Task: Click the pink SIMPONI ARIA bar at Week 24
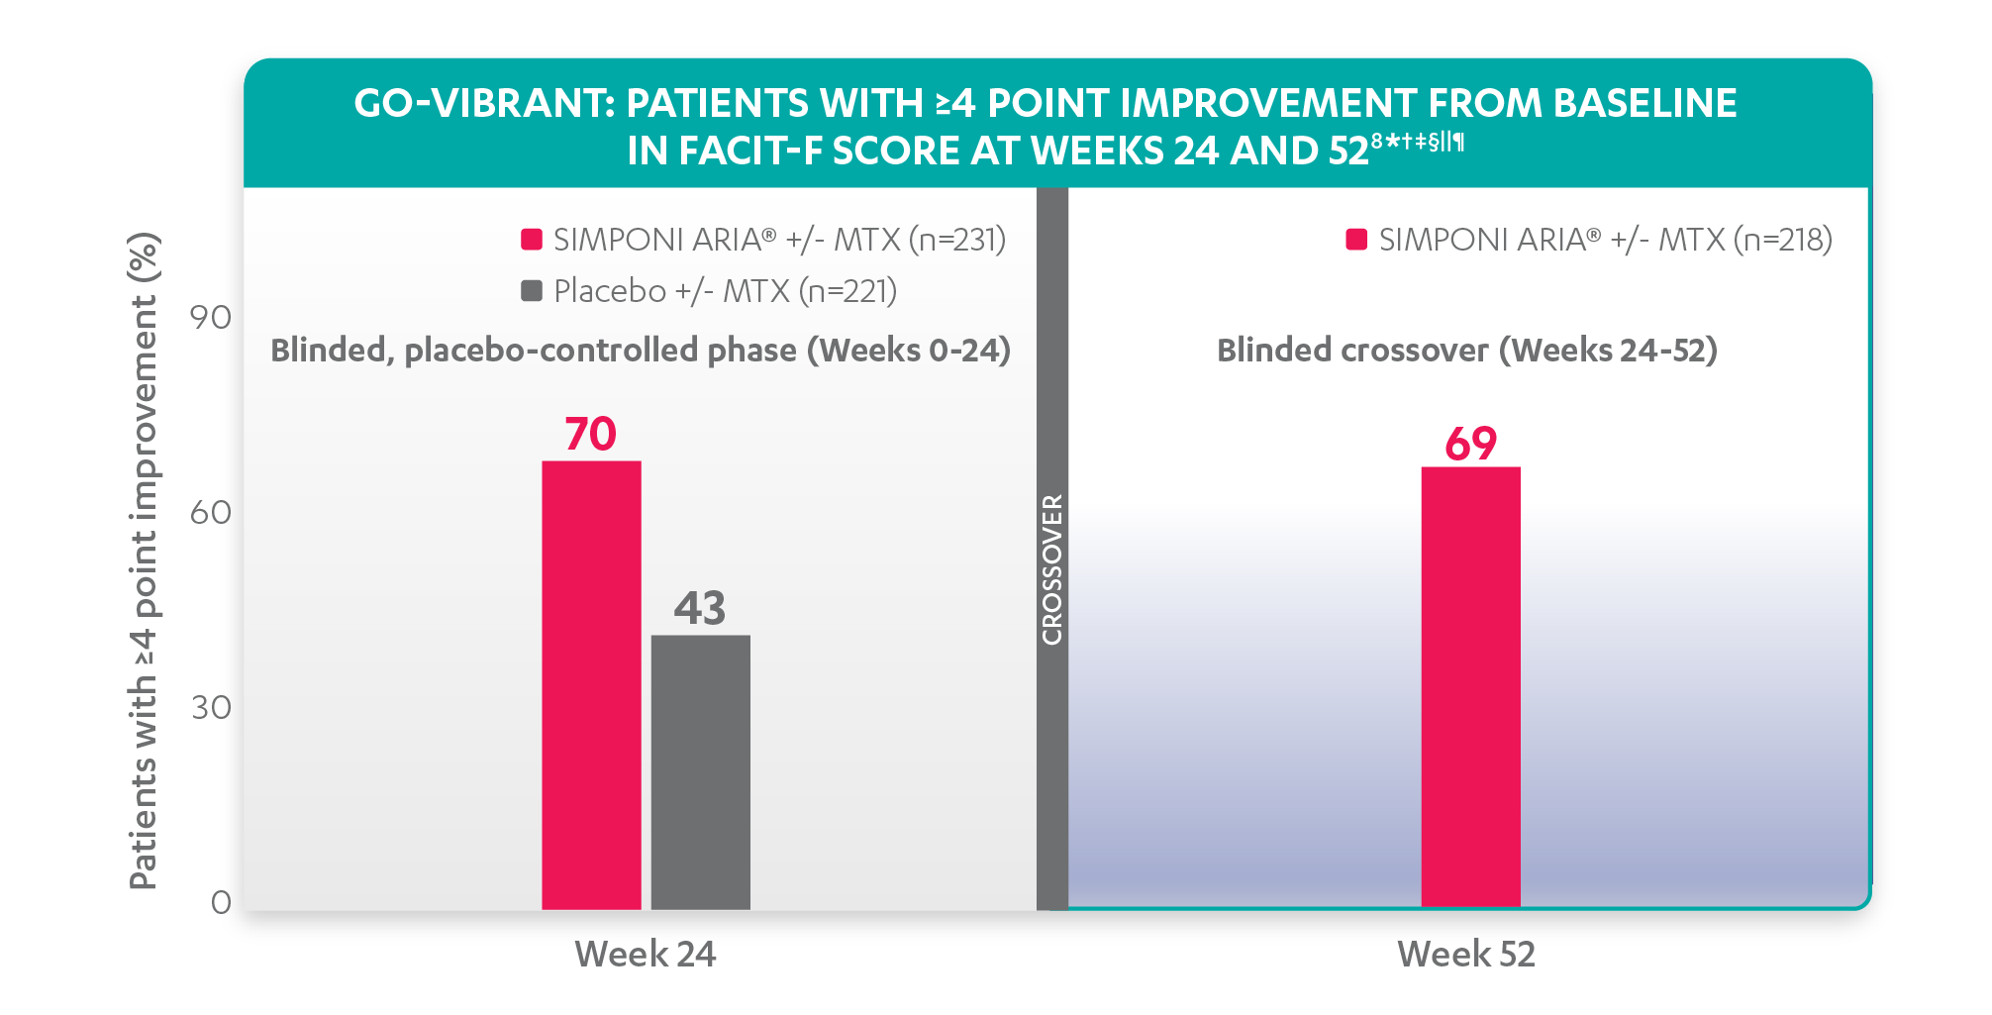591,685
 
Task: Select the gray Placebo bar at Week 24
700,772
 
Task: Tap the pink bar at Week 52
1470,687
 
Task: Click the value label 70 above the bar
590,434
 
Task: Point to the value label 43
699,608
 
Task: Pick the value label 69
1470,444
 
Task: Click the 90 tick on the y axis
211,318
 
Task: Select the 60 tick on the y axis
211,513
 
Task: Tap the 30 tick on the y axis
211,708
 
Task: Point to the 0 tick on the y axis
221,902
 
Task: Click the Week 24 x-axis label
646,955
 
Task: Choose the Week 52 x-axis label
1466,955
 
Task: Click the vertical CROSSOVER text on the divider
1052,570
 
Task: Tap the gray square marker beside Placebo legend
532,291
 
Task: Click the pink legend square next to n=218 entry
1356,240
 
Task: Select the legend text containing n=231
779,240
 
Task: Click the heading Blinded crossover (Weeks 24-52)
1466,351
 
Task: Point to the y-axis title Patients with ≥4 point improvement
145,561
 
